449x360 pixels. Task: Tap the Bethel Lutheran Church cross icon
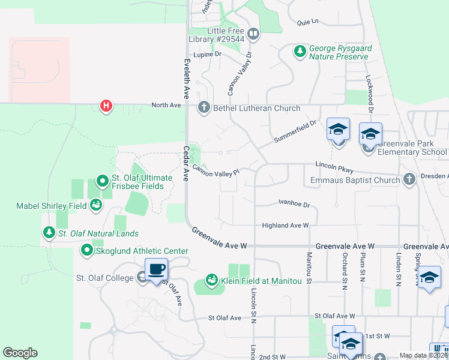click(203, 108)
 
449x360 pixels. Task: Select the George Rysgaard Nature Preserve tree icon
click(300, 52)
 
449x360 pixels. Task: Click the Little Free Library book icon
click(253, 34)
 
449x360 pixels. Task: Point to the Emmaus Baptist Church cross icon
click(409, 179)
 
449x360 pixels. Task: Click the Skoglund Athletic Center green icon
click(87, 250)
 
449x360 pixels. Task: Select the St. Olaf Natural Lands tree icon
click(47, 233)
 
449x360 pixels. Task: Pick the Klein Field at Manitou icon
click(211, 280)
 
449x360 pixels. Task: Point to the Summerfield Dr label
click(295, 131)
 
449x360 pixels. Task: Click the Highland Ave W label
click(285, 225)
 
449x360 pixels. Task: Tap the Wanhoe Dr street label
click(294, 204)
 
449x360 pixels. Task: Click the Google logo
click(20, 353)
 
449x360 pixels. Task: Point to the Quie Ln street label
click(307, 22)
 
